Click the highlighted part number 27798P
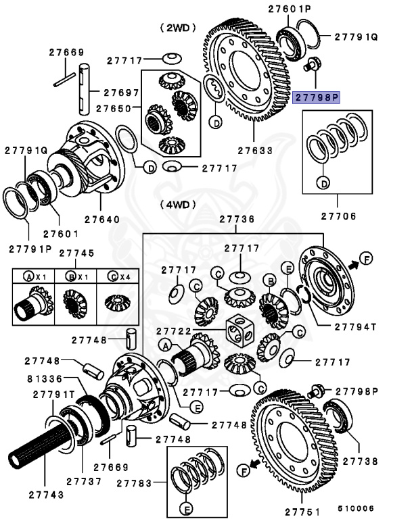316,98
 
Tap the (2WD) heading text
177,28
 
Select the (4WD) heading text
178,203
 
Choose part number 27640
102,219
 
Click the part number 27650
114,108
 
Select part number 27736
237,220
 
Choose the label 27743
47,494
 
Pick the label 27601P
290,9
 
